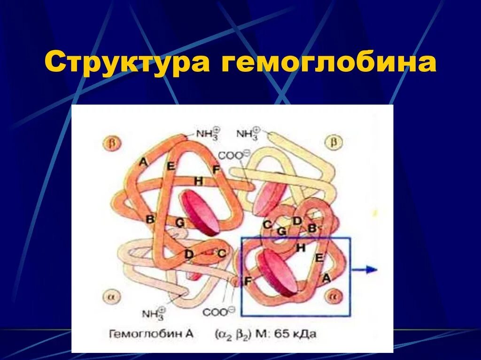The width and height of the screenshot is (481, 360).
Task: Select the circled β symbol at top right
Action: point(334,141)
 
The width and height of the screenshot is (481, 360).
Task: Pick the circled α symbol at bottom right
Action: point(334,297)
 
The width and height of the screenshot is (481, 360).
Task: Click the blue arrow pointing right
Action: point(365,269)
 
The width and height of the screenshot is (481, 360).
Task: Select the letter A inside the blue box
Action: point(326,278)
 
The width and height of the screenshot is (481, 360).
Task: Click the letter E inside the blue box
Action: point(319,258)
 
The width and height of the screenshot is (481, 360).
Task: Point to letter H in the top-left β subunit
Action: point(199,181)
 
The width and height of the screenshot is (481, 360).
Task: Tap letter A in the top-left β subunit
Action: point(143,162)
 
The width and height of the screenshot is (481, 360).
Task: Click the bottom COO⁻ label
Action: point(218,311)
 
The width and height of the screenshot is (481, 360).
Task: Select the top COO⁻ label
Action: point(233,155)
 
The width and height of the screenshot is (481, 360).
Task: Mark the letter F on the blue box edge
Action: point(248,282)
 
